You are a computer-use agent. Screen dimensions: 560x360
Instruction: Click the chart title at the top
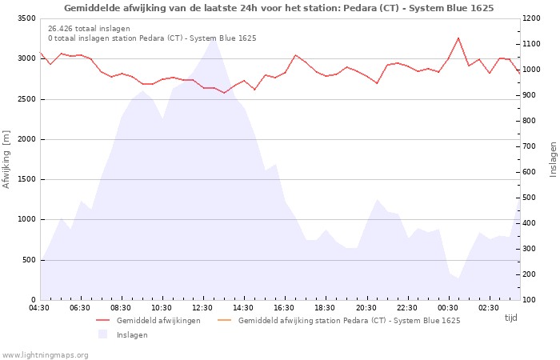tap(279, 8)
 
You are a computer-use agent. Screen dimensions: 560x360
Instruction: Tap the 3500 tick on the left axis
tap(26, 18)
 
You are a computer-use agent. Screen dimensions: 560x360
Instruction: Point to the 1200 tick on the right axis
tap(531, 18)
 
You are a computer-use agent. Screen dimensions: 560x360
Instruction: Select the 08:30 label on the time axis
tap(121, 308)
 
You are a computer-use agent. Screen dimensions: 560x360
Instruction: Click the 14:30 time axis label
tap(243, 308)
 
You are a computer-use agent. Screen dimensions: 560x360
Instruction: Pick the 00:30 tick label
tap(447, 308)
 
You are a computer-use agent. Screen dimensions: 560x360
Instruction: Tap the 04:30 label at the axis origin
tap(39, 308)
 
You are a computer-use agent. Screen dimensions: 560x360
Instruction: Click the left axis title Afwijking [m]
tap(6, 159)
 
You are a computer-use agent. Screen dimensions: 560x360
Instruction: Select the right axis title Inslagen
tap(553, 159)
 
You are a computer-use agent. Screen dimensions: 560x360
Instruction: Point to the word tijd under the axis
tap(510, 318)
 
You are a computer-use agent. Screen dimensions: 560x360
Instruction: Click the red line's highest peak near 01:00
tap(458, 38)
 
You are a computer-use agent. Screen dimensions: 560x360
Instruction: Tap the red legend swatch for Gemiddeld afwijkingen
tap(103, 320)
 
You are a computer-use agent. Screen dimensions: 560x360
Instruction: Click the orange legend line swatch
tap(224, 320)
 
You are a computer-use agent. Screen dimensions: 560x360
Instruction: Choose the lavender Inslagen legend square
tap(103, 334)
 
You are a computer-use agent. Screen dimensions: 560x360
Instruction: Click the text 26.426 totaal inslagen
tap(89, 29)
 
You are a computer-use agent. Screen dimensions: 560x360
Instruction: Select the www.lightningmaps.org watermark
tap(45, 355)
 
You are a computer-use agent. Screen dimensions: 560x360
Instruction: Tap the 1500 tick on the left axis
tap(26, 180)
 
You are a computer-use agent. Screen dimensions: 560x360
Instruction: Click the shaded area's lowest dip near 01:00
tap(458, 278)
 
